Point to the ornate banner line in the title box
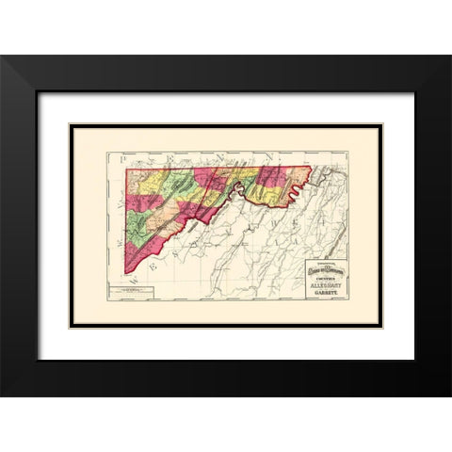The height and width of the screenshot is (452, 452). click(323, 271)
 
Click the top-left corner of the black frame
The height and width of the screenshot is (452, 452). click(3, 57)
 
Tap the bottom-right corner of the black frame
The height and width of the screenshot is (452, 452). click(449, 395)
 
